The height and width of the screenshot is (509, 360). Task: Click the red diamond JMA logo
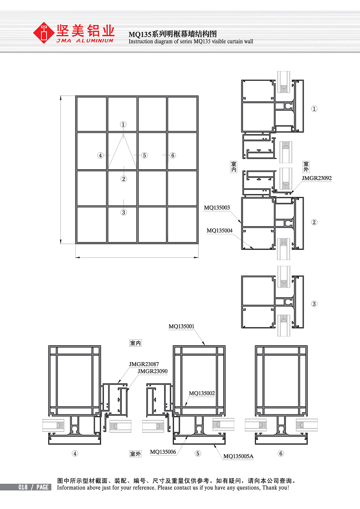click(x=43, y=33)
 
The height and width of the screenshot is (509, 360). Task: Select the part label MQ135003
click(x=217, y=208)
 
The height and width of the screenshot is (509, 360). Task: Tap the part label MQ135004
click(x=220, y=230)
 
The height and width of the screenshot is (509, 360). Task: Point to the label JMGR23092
click(x=316, y=178)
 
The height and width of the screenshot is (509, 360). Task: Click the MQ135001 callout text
click(x=181, y=326)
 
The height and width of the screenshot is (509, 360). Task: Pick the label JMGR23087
click(x=144, y=364)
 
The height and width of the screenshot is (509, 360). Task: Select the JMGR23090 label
click(x=152, y=371)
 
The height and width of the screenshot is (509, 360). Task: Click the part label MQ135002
click(x=202, y=393)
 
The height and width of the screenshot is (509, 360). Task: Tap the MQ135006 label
click(x=163, y=452)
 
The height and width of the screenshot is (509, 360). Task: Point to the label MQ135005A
click(x=238, y=456)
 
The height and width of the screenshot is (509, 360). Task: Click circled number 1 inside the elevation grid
click(x=123, y=124)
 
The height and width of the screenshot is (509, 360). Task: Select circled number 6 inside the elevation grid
click(x=173, y=155)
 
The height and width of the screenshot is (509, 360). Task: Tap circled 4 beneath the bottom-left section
click(x=75, y=453)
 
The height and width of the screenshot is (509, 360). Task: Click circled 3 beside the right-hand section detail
click(x=314, y=304)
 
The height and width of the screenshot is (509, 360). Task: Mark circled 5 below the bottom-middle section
click(x=198, y=453)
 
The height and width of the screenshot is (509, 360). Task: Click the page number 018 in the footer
click(x=23, y=487)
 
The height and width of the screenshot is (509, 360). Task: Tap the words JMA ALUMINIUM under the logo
click(x=85, y=41)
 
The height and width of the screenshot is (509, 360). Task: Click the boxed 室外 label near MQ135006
click(x=136, y=454)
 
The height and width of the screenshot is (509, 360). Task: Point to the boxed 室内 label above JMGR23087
click(x=136, y=343)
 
